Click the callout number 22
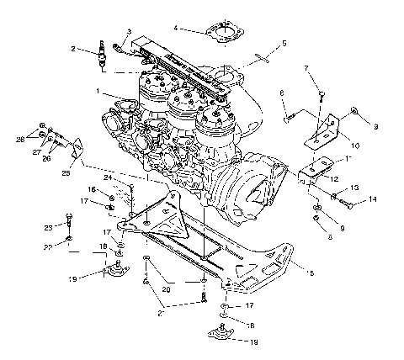click(47, 246)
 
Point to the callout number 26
click(46, 157)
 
